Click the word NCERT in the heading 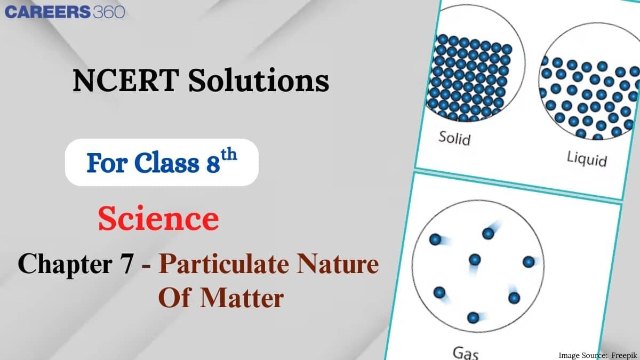coord(115,82)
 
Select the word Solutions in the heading coord(247,82)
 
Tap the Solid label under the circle coord(454,138)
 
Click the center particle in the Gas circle coord(475,260)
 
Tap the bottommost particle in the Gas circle coord(473,318)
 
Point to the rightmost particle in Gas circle coord(529,262)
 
